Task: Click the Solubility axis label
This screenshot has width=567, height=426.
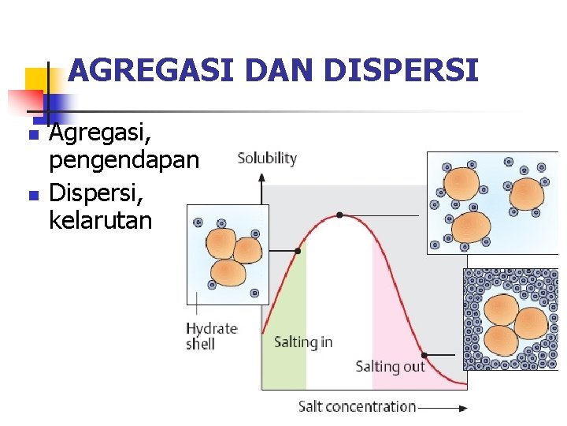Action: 267,159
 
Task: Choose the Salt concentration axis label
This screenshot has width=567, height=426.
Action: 357,407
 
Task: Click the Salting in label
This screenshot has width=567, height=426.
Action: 303,342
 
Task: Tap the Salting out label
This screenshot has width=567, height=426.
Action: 390,366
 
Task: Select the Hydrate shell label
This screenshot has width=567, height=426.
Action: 211,335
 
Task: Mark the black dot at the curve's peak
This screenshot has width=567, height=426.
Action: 339,215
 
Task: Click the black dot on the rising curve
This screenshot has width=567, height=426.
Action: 298,251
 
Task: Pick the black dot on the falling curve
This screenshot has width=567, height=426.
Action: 424,355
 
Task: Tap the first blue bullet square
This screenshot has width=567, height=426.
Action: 32,136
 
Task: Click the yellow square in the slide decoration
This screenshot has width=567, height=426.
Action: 35,79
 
